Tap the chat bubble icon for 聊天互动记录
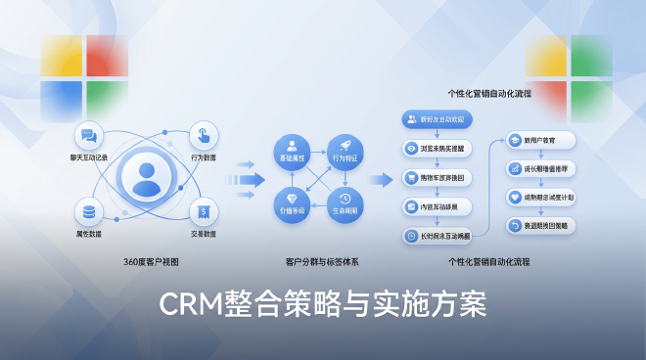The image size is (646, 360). point(87,135)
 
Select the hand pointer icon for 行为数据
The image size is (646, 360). point(203,133)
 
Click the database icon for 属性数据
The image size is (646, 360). point(88,210)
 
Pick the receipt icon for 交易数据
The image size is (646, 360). point(203,209)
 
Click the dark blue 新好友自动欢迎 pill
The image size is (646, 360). point(438,118)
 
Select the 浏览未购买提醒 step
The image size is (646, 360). point(438,148)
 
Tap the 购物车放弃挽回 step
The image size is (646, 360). point(438,177)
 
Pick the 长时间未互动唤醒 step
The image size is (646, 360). point(438,235)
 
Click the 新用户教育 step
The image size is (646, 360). point(540,140)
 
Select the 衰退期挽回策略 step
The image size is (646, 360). point(541,225)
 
